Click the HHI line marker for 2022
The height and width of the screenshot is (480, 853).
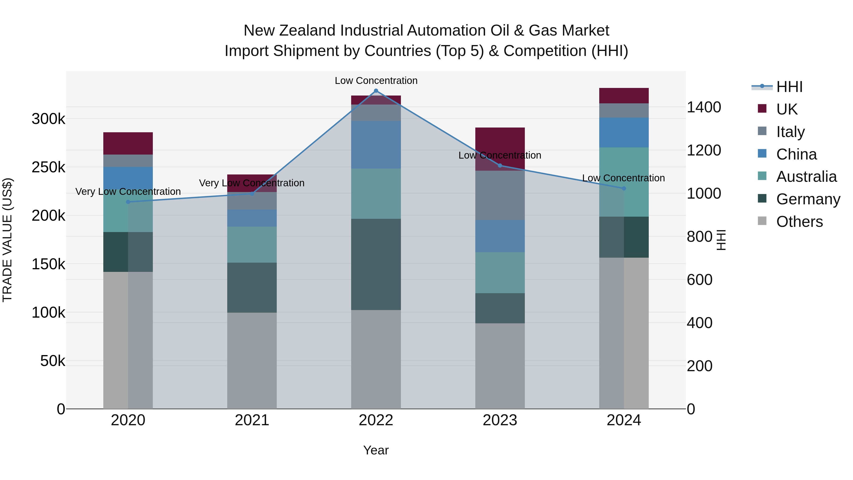click(376, 91)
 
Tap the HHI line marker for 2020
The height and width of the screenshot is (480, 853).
click(128, 202)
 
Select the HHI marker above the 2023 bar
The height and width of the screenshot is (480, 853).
click(500, 165)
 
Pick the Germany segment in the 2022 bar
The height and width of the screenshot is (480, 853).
click(376, 264)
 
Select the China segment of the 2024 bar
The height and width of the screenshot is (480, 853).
click(624, 133)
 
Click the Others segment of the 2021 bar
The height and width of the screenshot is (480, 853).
click(252, 360)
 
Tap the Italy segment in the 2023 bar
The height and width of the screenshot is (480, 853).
click(500, 196)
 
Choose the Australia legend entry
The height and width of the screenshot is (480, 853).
click(806, 177)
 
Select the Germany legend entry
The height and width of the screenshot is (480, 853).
click(808, 199)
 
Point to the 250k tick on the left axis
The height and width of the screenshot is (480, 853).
click(48, 167)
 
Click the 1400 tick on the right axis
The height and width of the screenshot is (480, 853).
click(704, 107)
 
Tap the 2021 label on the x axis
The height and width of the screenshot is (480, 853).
click(252, 420)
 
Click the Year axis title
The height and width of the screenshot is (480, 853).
click(376, 450)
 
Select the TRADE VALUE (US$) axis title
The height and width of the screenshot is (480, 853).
click(7, 240)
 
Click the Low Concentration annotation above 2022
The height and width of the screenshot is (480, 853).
click(376, 81)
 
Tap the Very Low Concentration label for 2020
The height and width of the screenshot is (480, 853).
click(128, 192)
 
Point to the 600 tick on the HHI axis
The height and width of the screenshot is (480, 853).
click(699, 280)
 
